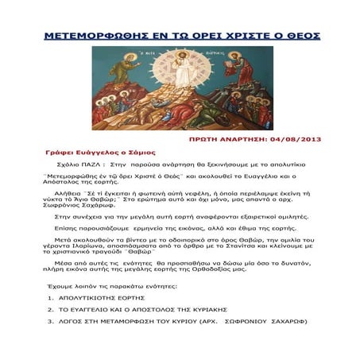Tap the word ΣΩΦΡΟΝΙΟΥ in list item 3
[244, 322]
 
